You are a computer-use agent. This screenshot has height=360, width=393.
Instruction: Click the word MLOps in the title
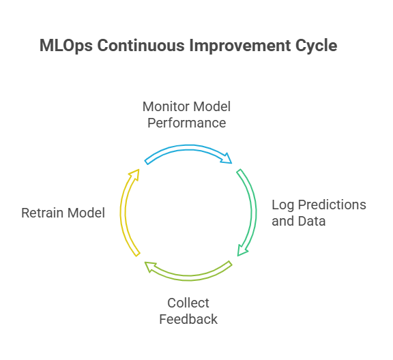tap(66, 46)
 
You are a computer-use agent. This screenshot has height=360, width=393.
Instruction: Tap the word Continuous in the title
tap(141, 46)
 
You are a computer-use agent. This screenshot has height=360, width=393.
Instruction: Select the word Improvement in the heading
tap(240, 46)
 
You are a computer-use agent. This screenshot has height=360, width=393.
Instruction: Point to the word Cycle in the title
tap(317, 46)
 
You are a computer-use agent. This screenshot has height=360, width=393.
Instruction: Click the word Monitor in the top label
tap(166, 106)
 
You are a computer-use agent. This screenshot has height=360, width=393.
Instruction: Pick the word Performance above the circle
tap(187, 123)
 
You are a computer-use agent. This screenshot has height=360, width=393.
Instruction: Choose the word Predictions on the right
tap(332, 205)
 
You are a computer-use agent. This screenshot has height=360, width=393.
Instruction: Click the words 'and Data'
tap(299, 221)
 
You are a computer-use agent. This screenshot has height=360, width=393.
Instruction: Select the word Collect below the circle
tap(188, 303)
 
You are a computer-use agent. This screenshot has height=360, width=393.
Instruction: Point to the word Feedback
tap(188, 319)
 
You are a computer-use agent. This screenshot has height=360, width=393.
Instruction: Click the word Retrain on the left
tap(42, 213)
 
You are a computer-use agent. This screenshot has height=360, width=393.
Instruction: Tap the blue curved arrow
tap(188, 147)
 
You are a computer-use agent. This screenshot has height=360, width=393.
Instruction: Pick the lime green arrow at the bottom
tap(188, 277)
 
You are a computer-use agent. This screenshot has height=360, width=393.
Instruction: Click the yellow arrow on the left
tap(123, 213)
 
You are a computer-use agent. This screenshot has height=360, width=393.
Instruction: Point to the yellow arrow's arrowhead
tap(134, 175)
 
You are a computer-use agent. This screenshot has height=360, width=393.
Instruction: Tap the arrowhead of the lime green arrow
tap(150, 267)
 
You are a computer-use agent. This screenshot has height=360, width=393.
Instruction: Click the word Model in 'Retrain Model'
tap(86, 213)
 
